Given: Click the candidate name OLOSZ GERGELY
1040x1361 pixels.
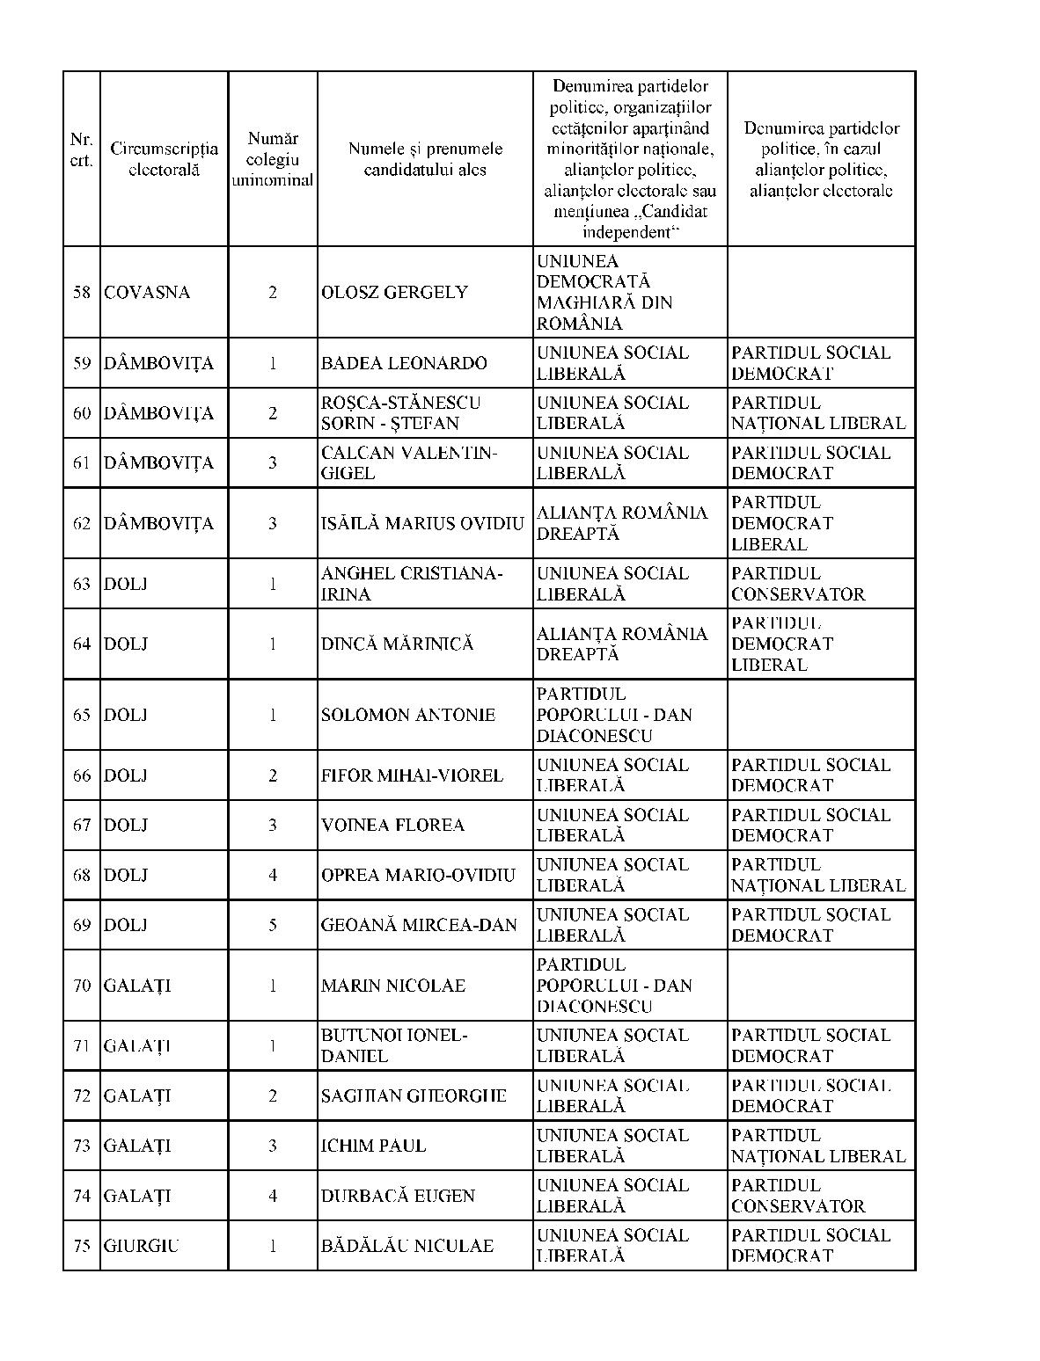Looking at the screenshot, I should [x=394, y=293].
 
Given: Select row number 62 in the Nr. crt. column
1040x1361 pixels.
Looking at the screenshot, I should [x=82, y=523].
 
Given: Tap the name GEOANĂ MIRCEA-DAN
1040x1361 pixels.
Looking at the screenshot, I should [x=419, y=925].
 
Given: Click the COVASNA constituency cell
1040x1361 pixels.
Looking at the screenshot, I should [x=147, y=293].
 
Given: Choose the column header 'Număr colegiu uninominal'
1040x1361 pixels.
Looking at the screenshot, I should [x=273, y=159].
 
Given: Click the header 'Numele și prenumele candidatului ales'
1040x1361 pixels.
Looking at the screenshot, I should [x=425, y=159].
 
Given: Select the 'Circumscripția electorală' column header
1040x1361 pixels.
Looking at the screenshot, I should [x=164, y=159].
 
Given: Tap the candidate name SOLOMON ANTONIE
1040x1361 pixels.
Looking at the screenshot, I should [x=408, y=715].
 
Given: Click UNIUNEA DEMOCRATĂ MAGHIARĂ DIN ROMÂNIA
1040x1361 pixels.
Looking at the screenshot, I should [x=604, y=293].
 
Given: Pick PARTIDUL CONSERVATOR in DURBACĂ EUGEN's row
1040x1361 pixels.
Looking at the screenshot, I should [x=798, y=1196].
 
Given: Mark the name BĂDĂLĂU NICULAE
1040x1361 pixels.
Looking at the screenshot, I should [x=407, y=1246].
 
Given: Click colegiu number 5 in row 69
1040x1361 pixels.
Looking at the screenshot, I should [x=273, y=925].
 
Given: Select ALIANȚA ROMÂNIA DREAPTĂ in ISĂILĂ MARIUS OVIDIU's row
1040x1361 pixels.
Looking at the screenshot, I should [x=622, y=523].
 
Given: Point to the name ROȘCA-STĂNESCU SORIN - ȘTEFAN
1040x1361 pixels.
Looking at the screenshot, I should [x=401, y=413].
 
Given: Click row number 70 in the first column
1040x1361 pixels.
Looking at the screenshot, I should [x=82, y=986].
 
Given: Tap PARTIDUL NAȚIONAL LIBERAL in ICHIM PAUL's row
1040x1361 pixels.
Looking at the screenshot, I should [x=818, y=1146].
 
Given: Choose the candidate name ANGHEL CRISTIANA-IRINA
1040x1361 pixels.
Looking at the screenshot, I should [x=412, y=584].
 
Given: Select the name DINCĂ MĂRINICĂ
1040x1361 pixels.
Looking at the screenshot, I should [x=398, y=644].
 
